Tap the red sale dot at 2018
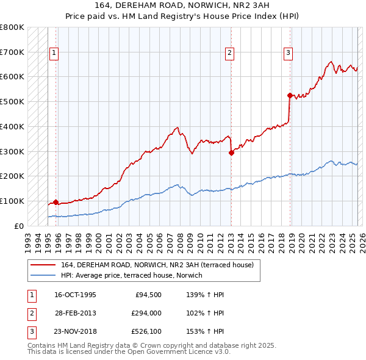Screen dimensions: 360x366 pos(290,95)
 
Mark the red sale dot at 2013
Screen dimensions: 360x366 pos(231,153)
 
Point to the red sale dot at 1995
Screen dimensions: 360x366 pos(56,202)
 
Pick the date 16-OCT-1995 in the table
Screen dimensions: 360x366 pos(75,295)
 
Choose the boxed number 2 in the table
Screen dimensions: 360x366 pos(30,314)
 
